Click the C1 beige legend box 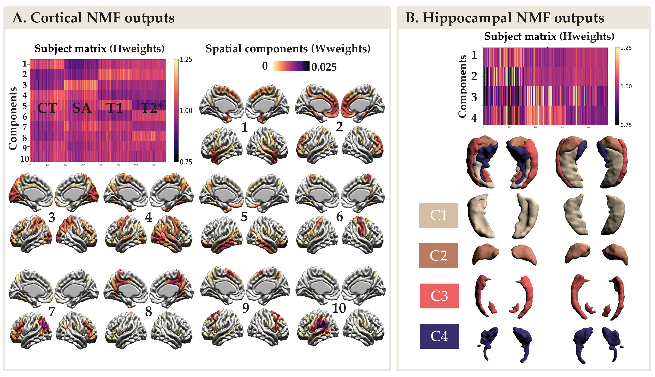(x=439, y=215)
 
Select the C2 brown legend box (x=438, y=255)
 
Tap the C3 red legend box (x=439, y=296)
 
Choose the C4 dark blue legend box (x=439, y=336)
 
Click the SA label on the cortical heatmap (x=82, y=108)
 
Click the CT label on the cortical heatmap (x=47, y=108)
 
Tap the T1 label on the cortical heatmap (x=115, y=108)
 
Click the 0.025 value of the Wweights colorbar (x=324, y=67)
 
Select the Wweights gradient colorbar (x=291, y=66)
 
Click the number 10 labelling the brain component (x=339, y=308)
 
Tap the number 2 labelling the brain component (x=339, y=127)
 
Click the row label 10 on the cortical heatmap (x=25, y=159)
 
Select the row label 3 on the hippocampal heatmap (x=474, y=97)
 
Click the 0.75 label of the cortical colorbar (x=186, y=162)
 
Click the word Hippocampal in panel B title (x=467, y=18)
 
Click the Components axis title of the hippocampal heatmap (x=462, y=86)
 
